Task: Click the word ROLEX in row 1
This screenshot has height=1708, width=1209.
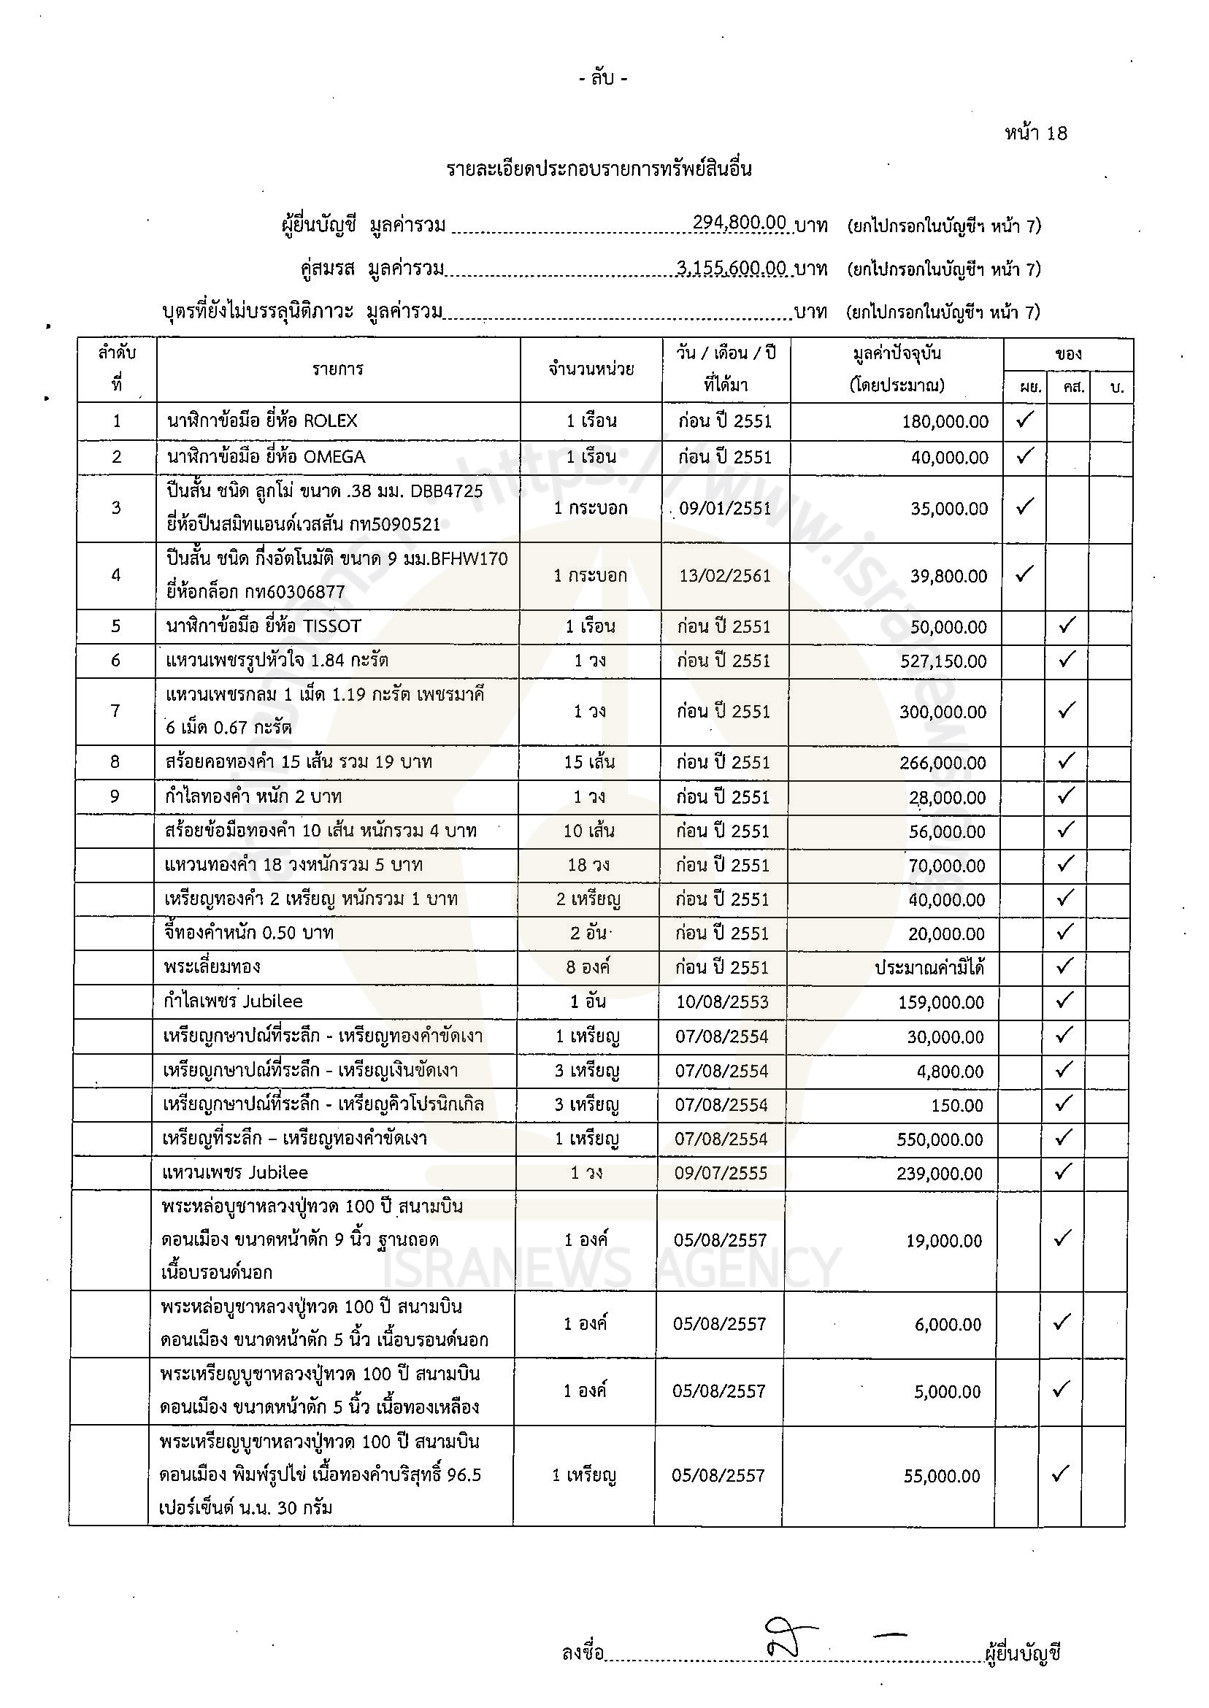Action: click(331, 421)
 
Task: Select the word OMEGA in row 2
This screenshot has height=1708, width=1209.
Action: click(335, 457)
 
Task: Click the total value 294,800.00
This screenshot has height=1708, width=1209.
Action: click(739, 223)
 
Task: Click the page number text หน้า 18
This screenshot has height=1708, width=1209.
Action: click(1035, 134)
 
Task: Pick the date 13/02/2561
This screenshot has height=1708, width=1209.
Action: click(725, 576)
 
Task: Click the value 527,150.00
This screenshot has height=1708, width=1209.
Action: click(943, 661)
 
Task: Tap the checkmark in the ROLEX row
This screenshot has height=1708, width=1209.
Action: click(1025, 420)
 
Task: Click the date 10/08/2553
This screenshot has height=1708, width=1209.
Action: click(722, 1002)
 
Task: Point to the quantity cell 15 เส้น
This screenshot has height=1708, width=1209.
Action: click(590, 763)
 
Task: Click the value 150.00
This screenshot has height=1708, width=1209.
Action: click(957, 1106)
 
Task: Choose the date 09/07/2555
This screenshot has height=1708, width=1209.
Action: click(721, 1174)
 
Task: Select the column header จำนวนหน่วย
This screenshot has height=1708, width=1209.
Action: click(591, 369)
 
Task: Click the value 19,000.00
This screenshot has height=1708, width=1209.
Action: click(943, 1241)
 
